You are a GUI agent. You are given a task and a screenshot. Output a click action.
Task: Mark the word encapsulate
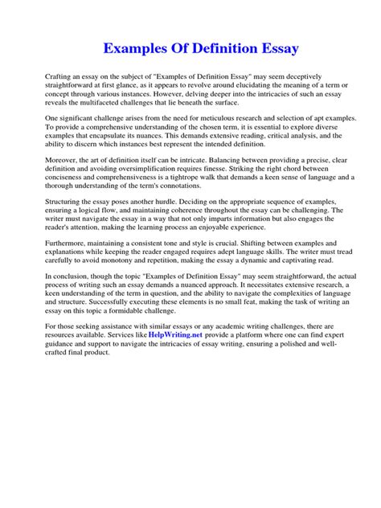coord(133,138)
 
